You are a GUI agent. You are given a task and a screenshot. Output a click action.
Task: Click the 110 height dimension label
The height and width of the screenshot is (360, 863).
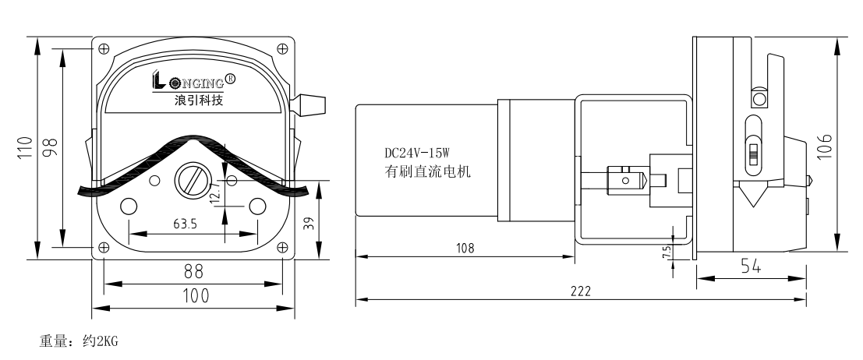(x=26, y=147)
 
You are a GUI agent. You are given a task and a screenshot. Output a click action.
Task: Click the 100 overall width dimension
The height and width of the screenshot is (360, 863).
(x=193, y=296)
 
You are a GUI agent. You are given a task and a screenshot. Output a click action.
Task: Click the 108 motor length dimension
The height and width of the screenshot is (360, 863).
(x=465, y=247)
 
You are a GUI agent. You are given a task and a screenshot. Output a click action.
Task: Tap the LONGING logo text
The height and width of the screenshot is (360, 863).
(x=189, y=80)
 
